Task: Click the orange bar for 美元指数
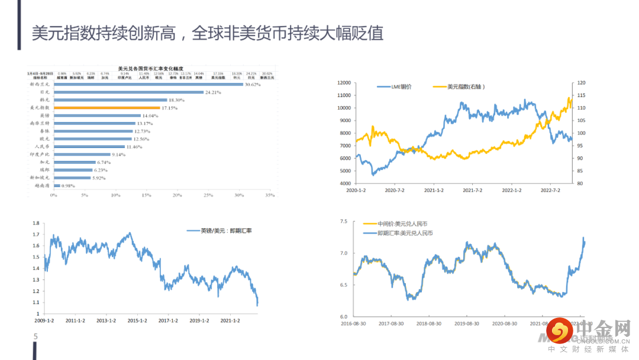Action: pos(106,108)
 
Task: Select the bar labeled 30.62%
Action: pos(149,85)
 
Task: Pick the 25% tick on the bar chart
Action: pos(208,195)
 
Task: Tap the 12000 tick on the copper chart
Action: pos(343,83)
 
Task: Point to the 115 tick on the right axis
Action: pos(582,95)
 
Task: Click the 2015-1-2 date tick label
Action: pos(137,321)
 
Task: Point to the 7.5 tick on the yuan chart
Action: pos(344,221)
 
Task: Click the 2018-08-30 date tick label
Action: pos(427,323)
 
